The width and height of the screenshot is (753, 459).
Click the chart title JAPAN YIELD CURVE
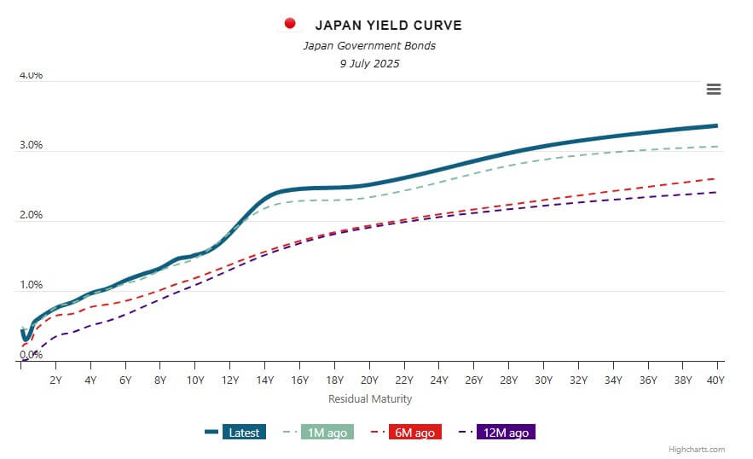(x=388, y=26)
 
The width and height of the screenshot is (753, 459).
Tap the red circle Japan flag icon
(x=290, y=23)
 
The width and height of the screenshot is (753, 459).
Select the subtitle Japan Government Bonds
(x=369, y=45)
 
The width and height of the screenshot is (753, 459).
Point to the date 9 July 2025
(x=369, y=63)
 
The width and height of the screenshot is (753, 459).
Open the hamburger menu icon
(x=714, y=90)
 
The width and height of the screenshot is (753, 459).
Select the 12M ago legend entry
(x=507, y=433)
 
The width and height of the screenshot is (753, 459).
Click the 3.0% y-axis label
(x=31, y=145)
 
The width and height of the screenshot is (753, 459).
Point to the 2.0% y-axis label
(x=31, y=215)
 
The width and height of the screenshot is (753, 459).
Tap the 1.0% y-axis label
(x=31, y=285)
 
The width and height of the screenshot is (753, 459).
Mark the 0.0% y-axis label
(x=31, y=355)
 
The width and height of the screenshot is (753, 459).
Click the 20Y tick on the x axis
(x=369, y=381)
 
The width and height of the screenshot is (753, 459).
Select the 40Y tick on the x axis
(x=715, y=381)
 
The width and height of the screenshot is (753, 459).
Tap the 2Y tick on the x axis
(x=55, y=381)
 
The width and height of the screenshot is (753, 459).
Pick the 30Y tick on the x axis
(x=542, y=381)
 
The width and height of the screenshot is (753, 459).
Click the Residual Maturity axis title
(x=370, y=398)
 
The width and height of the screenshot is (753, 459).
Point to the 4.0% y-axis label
(x=31, y=75)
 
